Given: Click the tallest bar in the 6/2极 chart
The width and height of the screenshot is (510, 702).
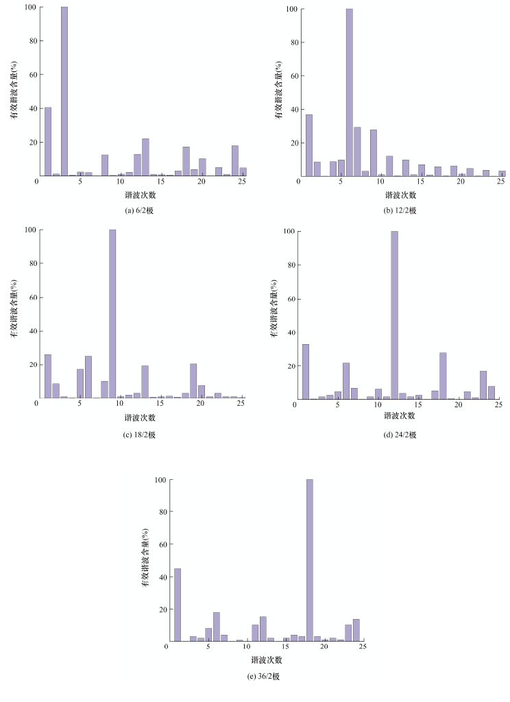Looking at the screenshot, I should (64, 91).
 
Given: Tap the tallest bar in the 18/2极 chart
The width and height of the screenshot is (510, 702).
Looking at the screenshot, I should (112, 314).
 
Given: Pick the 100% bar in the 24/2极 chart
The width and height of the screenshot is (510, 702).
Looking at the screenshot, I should (394, 315).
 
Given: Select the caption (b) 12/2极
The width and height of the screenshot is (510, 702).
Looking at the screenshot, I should (401, 210).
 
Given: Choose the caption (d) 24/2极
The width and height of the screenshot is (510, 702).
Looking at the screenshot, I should (400, 435).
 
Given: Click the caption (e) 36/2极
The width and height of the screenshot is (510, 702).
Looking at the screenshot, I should (265, 676).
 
